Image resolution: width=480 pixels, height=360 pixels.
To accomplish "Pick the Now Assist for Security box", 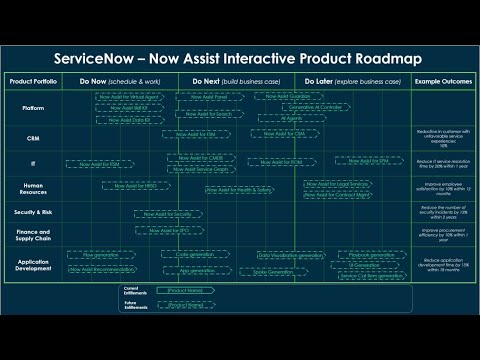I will [x=167, y=213].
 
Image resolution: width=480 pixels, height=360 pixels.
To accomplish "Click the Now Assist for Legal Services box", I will [x=341, y=182].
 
